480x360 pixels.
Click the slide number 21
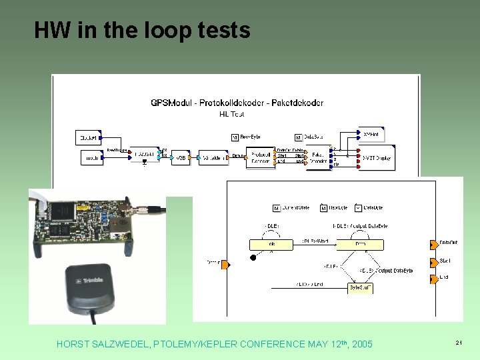459,343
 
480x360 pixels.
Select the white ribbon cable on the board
41,203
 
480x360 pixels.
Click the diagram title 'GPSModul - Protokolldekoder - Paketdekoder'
237,103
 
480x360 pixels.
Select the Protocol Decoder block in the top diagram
260,157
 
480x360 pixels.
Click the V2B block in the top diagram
180,158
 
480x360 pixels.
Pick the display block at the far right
377,158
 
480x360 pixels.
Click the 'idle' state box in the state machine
271,245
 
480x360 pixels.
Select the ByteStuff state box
360,288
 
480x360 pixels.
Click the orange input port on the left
225,265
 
